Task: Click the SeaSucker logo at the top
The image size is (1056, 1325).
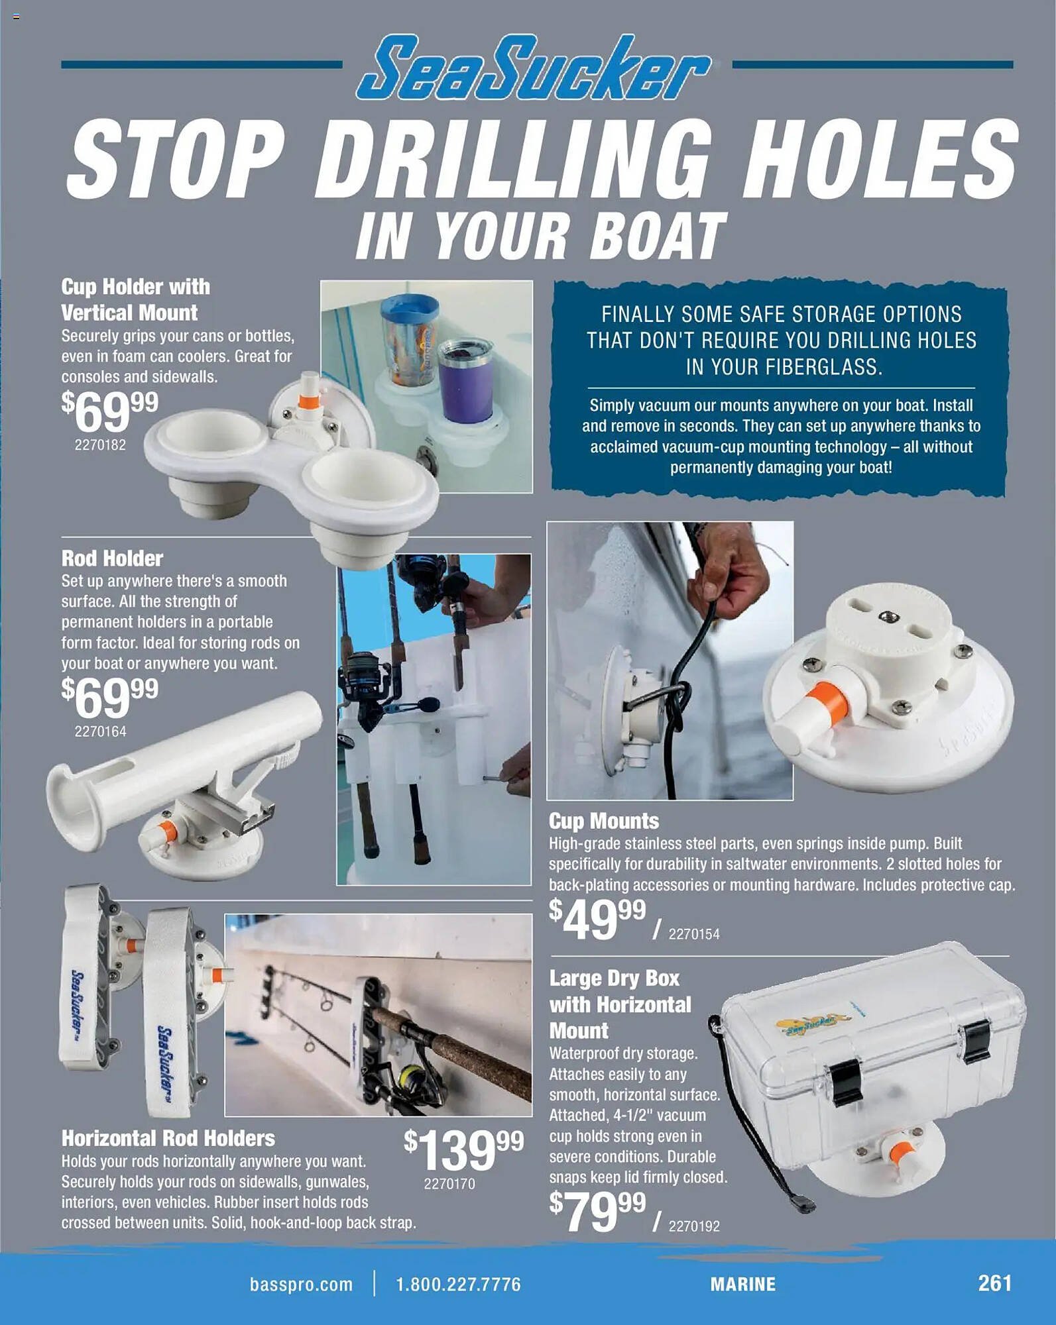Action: click(x=534, y=69)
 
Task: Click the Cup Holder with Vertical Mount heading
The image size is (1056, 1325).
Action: click(x=135, y=299)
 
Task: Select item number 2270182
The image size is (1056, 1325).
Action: click(x=100, y=445)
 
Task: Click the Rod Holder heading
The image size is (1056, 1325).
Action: click(x=112, y=558)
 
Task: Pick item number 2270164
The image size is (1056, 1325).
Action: click(x=100, y=731)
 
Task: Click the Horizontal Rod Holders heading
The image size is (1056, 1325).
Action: click(x=168, y=1138)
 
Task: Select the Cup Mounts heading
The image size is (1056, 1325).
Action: click(x=603, y=821)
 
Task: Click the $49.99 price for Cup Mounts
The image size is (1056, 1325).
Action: click(x=597, y=919)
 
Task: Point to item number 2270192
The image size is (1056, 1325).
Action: click(x=693, y=1226)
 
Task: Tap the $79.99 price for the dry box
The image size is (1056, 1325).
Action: click(x=597, y=1211)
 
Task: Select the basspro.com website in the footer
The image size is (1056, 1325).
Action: click(x=301, y=1285)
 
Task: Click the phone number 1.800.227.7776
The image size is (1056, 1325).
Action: click(x=458, y=1285)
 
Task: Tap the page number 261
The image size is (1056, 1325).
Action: click(x=994, y=1283)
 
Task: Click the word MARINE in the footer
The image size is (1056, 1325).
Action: click(x=742, y=1285)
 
